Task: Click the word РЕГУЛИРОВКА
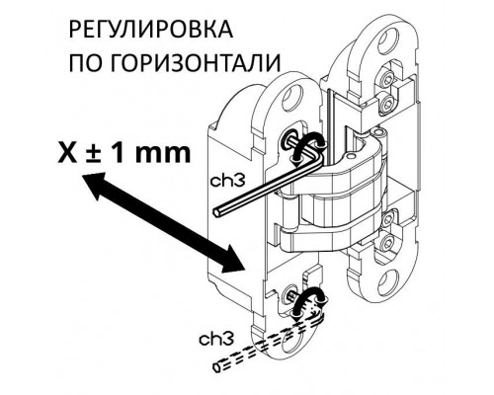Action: [x=151, y=30]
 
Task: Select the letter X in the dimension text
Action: [x=67, y=152]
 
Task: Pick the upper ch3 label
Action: [x=227, y=181]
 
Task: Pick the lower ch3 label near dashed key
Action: [x=216, y=339]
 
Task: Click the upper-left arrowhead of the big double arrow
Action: [x=93, y=184]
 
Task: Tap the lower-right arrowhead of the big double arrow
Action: [x=231, y=260]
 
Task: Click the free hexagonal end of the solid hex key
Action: [x=216, y=212]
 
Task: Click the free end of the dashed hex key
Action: [x=217, y=367]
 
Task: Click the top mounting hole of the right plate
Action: [x=391, y=41]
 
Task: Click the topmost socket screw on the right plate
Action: [x=386, y=80]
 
